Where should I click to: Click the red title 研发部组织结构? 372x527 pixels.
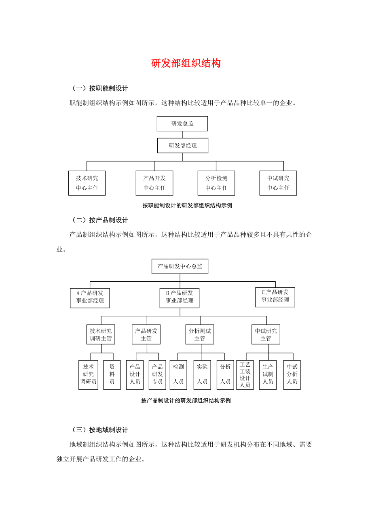(x=186, y=63)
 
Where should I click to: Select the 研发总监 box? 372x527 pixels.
(x=182, y=124)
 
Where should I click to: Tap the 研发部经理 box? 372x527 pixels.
(x=182, y=146)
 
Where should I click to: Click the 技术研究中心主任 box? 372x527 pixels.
(x=87, y=183)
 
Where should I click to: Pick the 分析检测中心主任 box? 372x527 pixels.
(x=216, y=183)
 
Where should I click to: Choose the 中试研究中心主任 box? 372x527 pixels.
(x=278, y=183)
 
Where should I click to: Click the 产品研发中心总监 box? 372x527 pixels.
(x=180, y=266)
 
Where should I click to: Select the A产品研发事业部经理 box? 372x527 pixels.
(x=90, y=298)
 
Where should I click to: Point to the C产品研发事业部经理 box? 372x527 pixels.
(x=275, y=297)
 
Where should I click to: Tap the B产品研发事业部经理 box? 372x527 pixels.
(x=180, y=298)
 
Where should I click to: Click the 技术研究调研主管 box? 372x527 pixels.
(x=101, y=334)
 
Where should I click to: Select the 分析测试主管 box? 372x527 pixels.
(x=200, y=334)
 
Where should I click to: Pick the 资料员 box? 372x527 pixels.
(x=112, y=375)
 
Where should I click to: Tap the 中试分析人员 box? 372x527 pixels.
(x=292, y=375)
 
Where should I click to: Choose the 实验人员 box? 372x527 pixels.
(x=202, y=375)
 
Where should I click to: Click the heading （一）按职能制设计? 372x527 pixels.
(x=100, y=88)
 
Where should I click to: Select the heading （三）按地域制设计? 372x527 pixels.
(x=100, y=430)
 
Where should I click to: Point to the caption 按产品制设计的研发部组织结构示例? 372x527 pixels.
(x=186, y=401)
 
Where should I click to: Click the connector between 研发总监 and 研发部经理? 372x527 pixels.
(x=182, y=135)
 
